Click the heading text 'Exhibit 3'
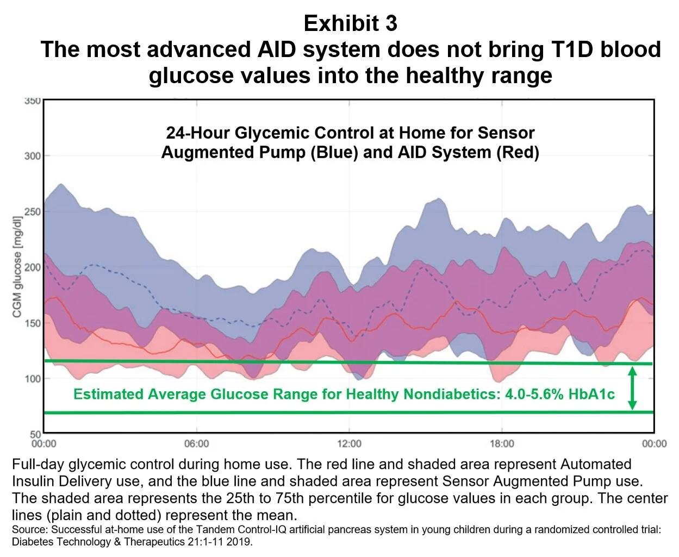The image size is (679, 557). coord(351,23)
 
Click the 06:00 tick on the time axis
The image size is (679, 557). coord(196,444)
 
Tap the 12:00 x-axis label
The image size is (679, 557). coord(349,444)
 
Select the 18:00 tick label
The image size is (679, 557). coord(502,444)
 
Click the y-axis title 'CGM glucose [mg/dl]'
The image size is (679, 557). coord(18,268)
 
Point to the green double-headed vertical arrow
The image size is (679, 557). coord(632,388)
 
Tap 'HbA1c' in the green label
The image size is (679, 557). coord(591,394)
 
